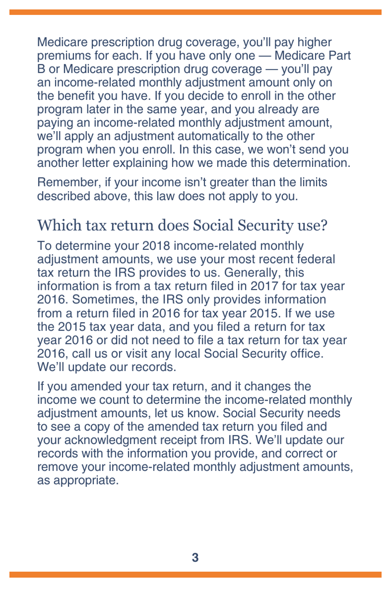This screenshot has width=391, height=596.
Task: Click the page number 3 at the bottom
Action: coord(195,557)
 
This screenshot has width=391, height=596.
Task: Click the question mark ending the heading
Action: coord(324,225)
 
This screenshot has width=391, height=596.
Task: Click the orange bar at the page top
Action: coord(195,12)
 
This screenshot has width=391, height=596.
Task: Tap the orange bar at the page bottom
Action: coord(195,575)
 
